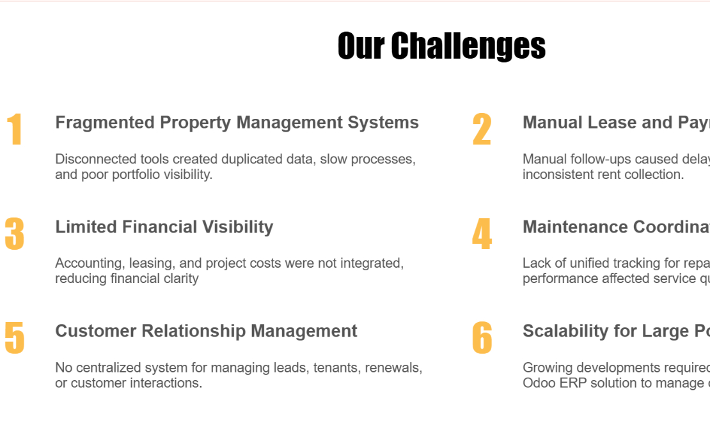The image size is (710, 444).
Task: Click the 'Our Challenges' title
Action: (x=441, y=46)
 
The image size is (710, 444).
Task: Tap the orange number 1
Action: (x=15, y=130)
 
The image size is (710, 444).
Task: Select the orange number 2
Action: (x=482, y=130)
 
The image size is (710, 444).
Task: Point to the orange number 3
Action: (x=14, y=234)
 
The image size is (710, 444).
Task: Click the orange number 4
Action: (x=482, y=234)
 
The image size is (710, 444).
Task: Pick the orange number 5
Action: (x=14, y=338)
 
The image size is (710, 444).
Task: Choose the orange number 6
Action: (x=482, y=338)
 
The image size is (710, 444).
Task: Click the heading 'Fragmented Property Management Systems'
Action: (x=237, y=123)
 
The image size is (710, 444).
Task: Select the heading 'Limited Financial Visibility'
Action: (x=164, y=227)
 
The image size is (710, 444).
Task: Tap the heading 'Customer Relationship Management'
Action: (x=206, y=331)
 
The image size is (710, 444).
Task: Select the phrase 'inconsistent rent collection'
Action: (x=603, y=174)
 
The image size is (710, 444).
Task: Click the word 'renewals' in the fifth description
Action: (x=393, y=368)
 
